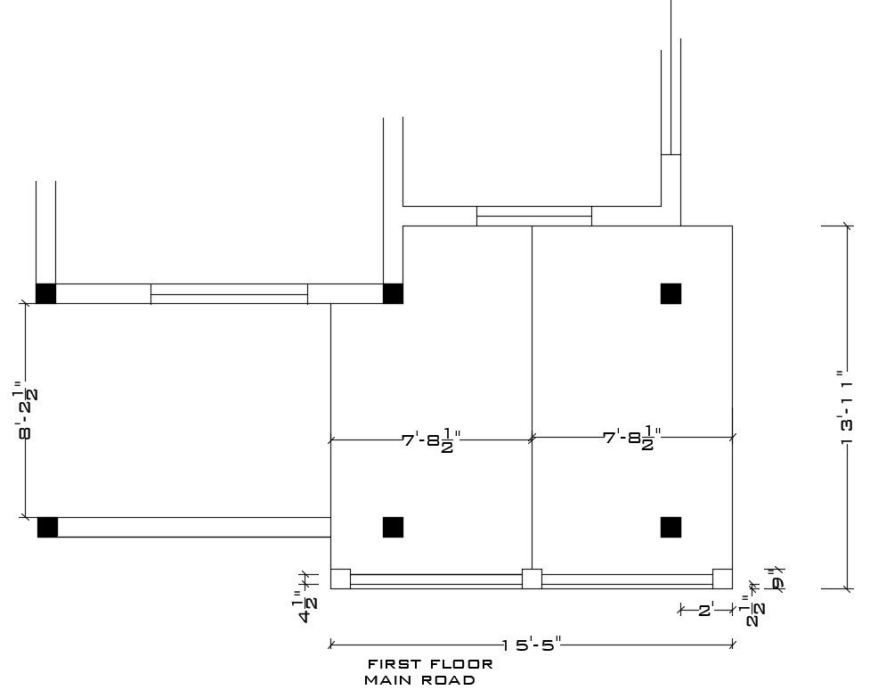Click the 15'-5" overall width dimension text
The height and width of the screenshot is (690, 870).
click(532, 645)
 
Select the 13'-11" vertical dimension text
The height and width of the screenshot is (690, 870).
click(847, 407)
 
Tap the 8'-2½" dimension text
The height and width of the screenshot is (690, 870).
click(25, 410)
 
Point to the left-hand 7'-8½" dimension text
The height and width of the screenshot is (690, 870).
click(431, 440)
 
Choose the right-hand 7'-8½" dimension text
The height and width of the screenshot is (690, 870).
click(632, 438)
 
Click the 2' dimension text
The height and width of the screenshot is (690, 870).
click(706, 611)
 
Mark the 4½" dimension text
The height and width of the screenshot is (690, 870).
click(305, 606)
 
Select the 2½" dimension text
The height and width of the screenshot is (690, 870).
click(754, 611)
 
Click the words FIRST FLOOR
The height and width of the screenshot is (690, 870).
click(431, 664)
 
